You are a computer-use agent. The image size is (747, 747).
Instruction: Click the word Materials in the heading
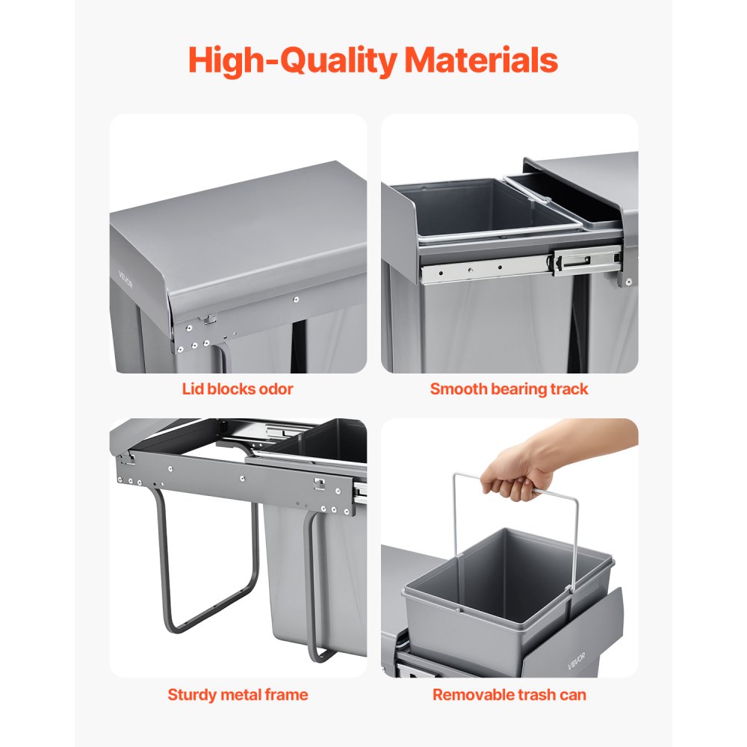pyautogui.click(x=481, y=61)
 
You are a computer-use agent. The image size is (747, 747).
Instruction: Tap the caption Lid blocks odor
pyautogui.click(x=238, y=388)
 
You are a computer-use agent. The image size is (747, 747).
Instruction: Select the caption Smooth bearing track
pyautogui.click(x=509, y=388)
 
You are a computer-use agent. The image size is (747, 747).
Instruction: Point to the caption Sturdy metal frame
pyautogui.click(x=238, y=695)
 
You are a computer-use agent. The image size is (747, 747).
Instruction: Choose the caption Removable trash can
pyautogui.click(x=509, y=695)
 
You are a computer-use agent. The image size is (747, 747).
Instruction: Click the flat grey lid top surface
pyautogui.click(x=239, y=217)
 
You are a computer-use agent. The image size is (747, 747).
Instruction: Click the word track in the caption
pyautogui.click(x=570, y=388)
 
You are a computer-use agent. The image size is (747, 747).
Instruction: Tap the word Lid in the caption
pyautogui.click(x=193, y=388)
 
